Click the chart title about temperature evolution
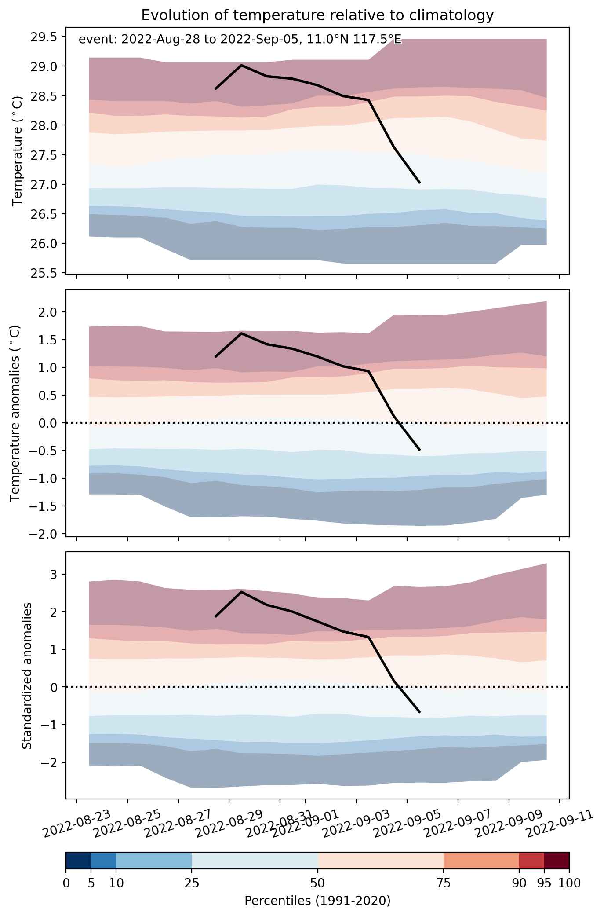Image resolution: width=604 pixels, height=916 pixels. [x=317, y=15]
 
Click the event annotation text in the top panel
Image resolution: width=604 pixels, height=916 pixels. [x=240, y=40]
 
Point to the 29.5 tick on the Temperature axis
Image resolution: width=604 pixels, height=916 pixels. [x=44, y=37]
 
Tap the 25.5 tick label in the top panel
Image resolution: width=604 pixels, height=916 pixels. [x=44, y=273]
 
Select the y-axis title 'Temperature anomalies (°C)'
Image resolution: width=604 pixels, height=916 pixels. [x=15, y=413]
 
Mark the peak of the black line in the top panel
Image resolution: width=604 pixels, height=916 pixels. [x=241, y=65]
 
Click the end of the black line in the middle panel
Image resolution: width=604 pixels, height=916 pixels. [x=420, y=450]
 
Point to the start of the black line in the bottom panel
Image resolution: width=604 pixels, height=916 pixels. [x=215, y=616]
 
